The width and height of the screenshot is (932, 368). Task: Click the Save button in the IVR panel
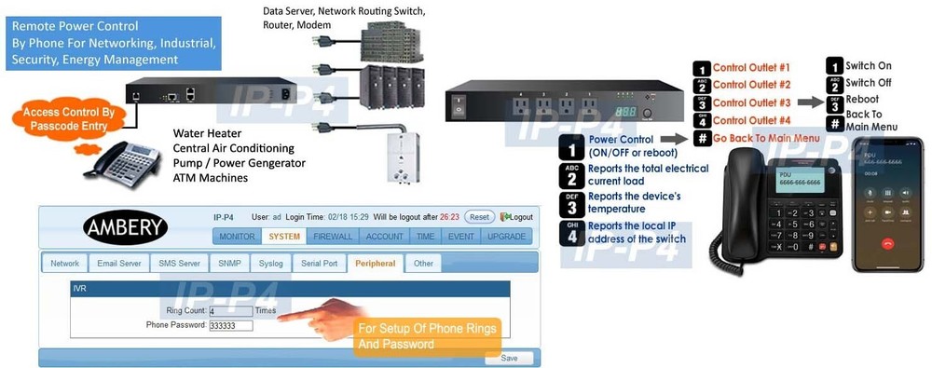(x=509, y=358)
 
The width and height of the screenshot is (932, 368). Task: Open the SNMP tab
(x=229, y=264)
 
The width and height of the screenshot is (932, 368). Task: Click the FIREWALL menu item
(x=332, y=237)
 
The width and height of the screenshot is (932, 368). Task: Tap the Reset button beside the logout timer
(x=478, y=216)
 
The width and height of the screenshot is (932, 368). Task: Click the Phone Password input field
(x=231, y=325)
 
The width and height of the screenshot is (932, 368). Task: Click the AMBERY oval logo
(x=125, y=226)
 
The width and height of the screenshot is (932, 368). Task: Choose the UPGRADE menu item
(x=506, y=237)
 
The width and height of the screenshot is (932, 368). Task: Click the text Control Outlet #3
(x=751, y=102)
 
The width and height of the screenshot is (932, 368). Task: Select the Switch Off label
(x=870, y=83)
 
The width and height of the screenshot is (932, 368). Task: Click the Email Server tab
(x=118, y=264)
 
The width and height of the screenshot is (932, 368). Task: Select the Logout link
(x=517, y=216)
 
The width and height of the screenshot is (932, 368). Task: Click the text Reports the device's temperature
(x=635, y=202)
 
